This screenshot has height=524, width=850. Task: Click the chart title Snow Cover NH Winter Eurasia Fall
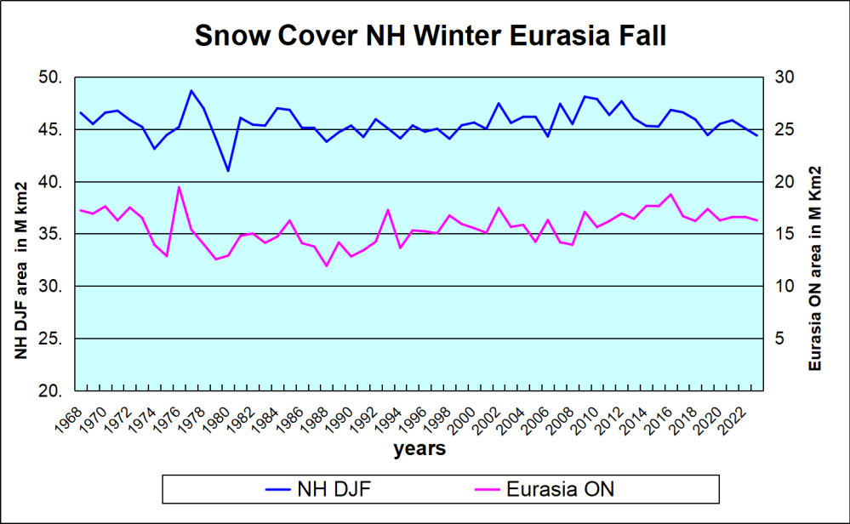(x=430, y=37)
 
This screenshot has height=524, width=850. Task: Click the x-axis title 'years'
(x=419, y=449)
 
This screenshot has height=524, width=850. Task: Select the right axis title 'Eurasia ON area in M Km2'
(x=814, y=270)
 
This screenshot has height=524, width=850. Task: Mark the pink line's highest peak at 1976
(x=179, y=186)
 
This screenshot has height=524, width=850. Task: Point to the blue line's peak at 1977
(x=191, y=90)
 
